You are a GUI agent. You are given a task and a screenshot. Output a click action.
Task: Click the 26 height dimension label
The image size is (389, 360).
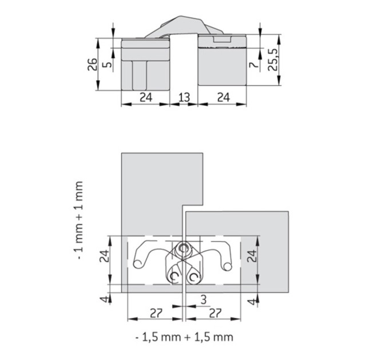92,65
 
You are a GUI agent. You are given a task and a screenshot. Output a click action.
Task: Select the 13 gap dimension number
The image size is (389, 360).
184,97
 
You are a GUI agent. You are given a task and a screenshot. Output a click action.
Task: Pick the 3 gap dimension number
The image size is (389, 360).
204,299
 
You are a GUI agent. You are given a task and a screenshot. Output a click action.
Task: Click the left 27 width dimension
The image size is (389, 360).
156,313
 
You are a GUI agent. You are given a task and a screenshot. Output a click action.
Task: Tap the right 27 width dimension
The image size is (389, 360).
215,313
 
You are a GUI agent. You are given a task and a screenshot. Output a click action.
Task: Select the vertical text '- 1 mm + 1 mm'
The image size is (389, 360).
79,220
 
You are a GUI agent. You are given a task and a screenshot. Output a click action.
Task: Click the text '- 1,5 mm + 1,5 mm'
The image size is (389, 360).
184,337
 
